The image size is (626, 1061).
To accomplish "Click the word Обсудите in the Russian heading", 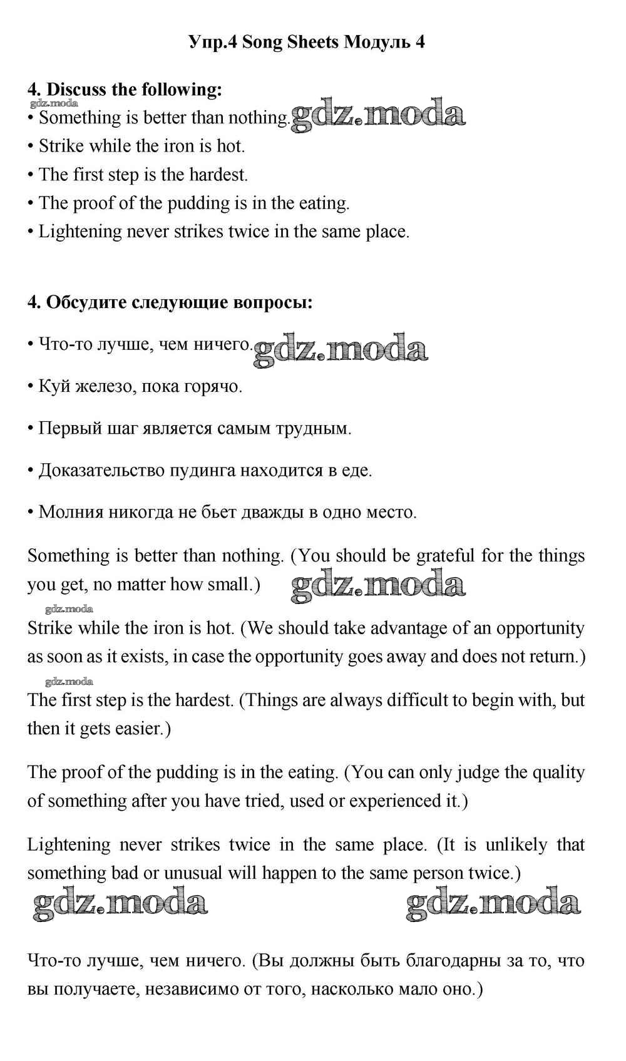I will point(86,302).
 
